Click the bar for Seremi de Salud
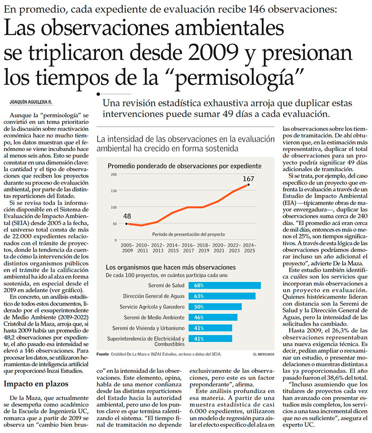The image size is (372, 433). pos(225,285)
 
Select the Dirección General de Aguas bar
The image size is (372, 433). pos(222,296)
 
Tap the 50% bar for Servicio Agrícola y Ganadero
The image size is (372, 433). pos(215,307)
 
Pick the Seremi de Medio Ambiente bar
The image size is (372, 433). pos(213,317)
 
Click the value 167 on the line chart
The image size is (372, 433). pos(248,179)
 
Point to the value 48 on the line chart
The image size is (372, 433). pos(127,216)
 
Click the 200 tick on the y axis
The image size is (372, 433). pos(114,174)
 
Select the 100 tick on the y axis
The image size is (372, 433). pos(114,207)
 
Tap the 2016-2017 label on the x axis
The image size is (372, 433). pos(188,248)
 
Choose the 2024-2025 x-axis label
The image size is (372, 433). pos(249,248)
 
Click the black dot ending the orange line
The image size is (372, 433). pos(248,185)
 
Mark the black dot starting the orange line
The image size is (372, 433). pos(126,224)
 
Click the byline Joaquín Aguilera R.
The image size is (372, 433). pos(31,102)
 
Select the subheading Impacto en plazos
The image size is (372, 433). pos(36,384)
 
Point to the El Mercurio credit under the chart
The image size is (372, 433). pos(264,354)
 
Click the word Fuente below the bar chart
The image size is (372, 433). pos(102,354)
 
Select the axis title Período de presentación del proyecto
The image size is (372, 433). pos(188,234)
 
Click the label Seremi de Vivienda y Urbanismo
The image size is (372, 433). pos(148,328)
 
